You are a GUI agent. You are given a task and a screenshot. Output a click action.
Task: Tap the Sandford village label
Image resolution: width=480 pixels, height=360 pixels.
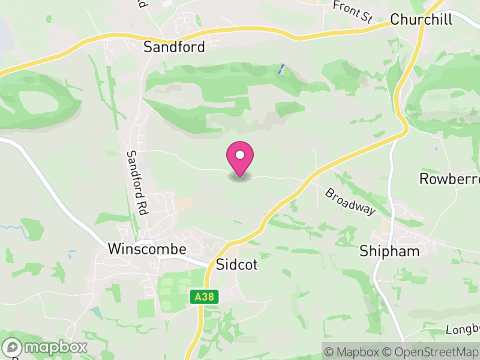click(x=174, y=47)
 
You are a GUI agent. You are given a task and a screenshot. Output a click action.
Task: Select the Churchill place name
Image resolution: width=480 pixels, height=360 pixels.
click(x=421, y=19)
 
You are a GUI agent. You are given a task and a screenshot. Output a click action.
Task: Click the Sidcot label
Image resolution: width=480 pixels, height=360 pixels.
click(x=236, y=264)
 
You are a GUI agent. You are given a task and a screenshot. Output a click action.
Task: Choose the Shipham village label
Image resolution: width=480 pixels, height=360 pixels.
click(x=389, y=251)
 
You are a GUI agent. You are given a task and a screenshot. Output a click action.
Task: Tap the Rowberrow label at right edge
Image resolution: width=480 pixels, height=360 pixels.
click(x=449, y=179)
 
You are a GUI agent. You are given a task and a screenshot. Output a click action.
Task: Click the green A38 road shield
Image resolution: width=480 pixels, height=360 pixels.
click(x=203, y=296)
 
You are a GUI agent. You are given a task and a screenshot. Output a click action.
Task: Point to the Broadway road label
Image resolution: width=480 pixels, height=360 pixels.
click(x=350, y=202)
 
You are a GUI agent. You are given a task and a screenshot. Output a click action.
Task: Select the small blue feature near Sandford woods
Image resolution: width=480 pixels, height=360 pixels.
click(x=280, y=70)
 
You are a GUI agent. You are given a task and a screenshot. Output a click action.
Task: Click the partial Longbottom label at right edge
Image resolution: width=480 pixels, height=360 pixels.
click(x=464, y=329)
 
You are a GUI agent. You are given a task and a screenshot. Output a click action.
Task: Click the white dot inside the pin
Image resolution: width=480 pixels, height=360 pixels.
click(x=240, y=155)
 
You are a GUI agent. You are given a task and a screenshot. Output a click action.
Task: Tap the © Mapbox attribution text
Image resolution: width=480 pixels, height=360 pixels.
click(x=353, y=352)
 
